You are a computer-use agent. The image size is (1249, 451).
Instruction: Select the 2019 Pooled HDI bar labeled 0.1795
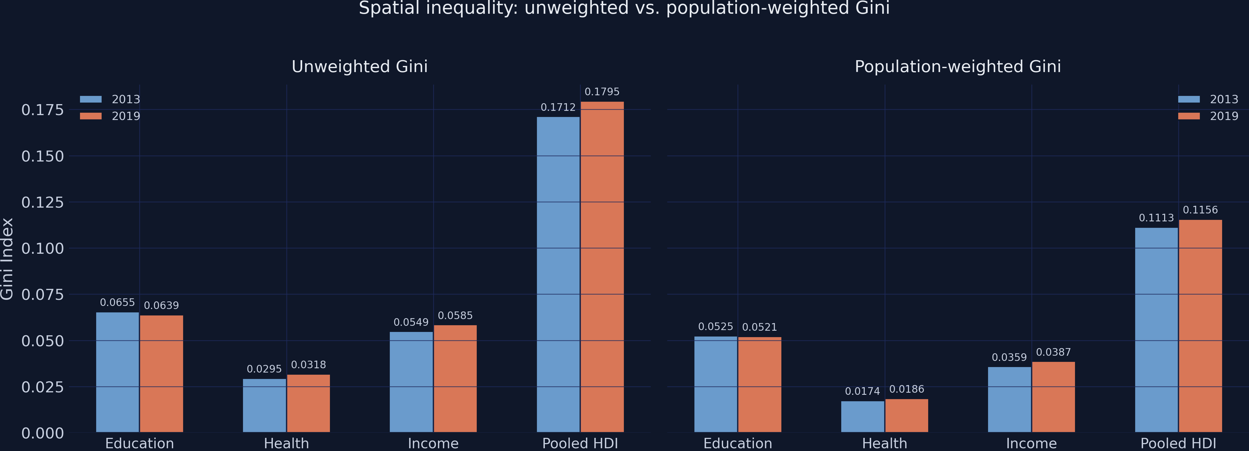tap(602, 267)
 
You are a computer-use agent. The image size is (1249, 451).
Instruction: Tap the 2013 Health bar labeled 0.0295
tap(264, 406)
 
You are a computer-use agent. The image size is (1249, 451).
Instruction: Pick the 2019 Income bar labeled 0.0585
tap(455, 378)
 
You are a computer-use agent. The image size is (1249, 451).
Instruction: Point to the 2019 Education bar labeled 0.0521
tap(759, 384)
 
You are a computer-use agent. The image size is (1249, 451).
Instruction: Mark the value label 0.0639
tap(161, 306)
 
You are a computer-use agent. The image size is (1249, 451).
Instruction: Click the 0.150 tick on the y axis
tap(43, 156)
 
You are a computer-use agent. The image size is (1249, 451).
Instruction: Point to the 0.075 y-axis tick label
tap(43, 294)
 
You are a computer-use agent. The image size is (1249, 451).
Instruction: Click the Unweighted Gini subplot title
tap(359, 67)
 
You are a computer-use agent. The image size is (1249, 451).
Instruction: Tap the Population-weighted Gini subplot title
tap(958, 67)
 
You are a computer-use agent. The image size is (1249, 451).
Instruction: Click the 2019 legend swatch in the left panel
tap(91, 116)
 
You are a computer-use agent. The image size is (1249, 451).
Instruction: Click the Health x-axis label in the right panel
tap(884, 443)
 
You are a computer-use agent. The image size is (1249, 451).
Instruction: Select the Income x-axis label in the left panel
tap(433, 443)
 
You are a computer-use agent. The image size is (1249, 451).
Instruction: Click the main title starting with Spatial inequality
tap(624, 8)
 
